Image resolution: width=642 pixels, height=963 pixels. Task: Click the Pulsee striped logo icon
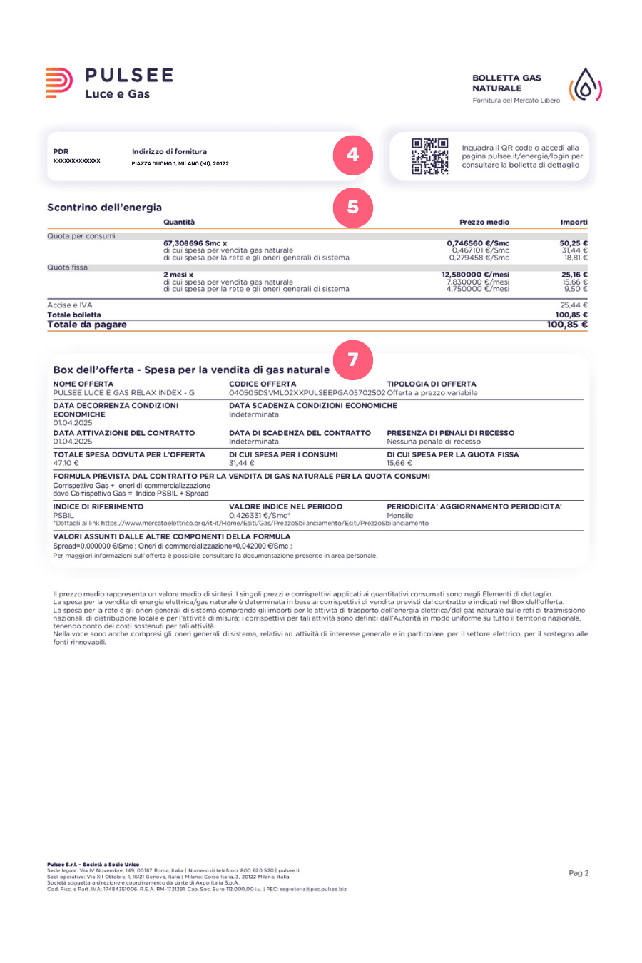[x=58, y=83]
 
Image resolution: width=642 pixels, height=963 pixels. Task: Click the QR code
[x=429, y=156]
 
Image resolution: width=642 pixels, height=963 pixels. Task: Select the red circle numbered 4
[x=352, y=154]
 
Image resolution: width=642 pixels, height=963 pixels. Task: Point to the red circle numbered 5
[x=352, y=207]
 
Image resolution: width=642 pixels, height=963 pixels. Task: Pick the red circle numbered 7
[x=352, y=360]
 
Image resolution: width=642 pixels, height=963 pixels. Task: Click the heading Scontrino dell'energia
[x=104, y=208]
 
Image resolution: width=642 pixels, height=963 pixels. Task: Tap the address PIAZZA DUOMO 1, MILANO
[x=180, y=164]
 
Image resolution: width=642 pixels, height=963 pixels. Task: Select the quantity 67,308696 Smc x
[x=195, y=243]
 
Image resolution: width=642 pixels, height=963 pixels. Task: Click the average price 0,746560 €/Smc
[x=478, y=243]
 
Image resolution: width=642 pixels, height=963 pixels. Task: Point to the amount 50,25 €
[x=574, y=243]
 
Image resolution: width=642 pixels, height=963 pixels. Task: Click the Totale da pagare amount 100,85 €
[x=567, y=325]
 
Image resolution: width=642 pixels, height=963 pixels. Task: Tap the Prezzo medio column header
[x=484, y=223]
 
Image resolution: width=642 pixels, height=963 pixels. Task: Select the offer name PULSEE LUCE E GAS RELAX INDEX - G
[x=123, y=393]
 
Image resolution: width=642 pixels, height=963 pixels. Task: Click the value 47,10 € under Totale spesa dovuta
[x=66, y=464]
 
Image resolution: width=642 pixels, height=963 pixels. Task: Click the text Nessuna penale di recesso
[x=434, y=442]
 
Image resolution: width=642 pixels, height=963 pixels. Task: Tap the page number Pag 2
[x=579, y=873]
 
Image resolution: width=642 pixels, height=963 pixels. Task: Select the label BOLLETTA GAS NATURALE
[x=506, y=83]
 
